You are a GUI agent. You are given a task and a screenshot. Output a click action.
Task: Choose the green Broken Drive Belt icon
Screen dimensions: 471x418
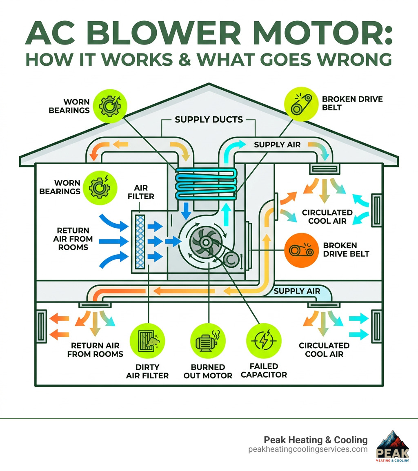[299, 105]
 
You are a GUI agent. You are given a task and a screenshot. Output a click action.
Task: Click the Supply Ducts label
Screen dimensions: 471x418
[209, 120]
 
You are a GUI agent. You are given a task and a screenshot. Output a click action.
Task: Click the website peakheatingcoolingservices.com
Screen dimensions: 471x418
[307, 449]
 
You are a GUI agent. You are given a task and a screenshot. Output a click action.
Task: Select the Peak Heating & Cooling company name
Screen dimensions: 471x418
[315, 440]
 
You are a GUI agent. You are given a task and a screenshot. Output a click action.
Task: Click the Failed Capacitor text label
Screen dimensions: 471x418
[264, 370]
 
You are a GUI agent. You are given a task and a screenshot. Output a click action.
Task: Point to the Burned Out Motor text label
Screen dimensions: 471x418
[207, 371]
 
